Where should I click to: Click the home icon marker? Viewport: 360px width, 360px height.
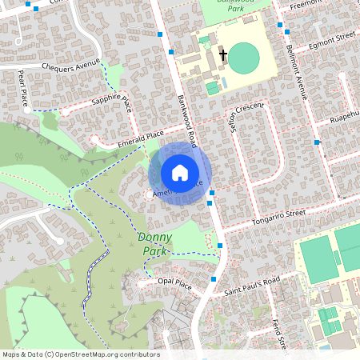coord(180,172)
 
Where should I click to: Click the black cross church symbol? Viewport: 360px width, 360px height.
coord(223,56)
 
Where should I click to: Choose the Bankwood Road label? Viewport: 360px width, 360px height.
coord(187,121)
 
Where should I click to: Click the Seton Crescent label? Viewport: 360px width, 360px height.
coord(243,120)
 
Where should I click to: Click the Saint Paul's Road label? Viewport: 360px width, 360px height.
coord(251,286)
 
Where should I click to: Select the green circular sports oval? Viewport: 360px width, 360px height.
coord(244,58)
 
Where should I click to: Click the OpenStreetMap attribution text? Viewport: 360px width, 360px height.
coord(80,354)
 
